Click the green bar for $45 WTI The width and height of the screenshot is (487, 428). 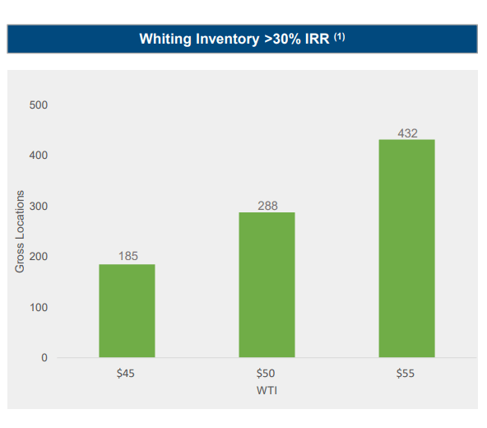tap(127, 310)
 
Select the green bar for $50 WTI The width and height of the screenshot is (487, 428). tap(267, 285)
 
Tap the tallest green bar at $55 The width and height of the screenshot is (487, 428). tap(406, 248)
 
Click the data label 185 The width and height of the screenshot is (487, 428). tap(128, 256)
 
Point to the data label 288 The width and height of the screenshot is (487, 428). tap(267, 205)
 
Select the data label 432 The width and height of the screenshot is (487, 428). tap(407, 132)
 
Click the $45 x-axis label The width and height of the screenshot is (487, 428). tap(126, 373)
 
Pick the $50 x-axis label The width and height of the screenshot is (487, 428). tap(266, 373)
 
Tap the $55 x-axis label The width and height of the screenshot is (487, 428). tap(406, 373)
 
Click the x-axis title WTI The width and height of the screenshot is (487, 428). tap(266, 388)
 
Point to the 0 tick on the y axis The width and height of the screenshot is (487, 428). tap(45, 358)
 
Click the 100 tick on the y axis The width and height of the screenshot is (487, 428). tap(39, 307)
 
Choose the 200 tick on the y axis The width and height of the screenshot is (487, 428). tap(39, 257)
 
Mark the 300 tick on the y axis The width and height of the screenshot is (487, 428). tap(39, 207)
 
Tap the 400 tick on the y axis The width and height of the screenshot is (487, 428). tap(39, 156)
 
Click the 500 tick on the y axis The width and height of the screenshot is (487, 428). tap(39, 105)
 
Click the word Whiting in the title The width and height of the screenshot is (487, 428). tap(163, 39)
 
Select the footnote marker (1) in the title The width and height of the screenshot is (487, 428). tap(339, 36)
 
